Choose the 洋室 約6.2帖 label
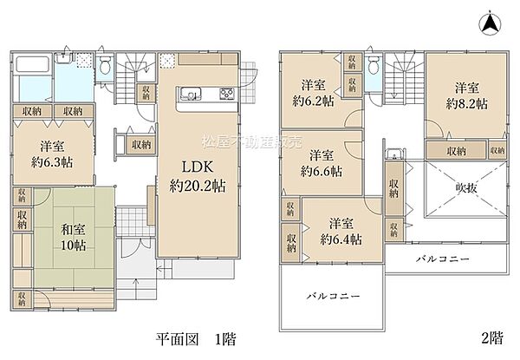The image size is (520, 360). tap(314, 93)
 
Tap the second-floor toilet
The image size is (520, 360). tap(373, 65)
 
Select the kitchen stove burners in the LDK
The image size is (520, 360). tap(228, 95)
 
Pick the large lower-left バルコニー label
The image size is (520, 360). tap(333, 296)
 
